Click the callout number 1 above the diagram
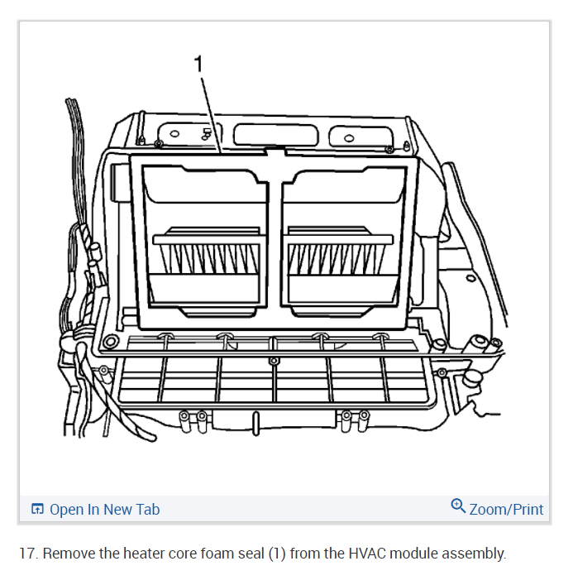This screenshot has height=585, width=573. pos(199,64)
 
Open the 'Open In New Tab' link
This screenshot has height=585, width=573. pos(104,510)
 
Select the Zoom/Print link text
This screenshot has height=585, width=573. pos(506,510)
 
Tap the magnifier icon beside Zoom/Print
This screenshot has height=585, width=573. pos(458,506)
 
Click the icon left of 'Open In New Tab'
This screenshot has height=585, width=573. pos(36,510)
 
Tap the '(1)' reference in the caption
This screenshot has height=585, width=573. pos(278,554)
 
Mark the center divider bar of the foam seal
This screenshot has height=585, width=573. pos(275,240)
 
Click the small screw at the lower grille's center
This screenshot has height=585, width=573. pos(273,362)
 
